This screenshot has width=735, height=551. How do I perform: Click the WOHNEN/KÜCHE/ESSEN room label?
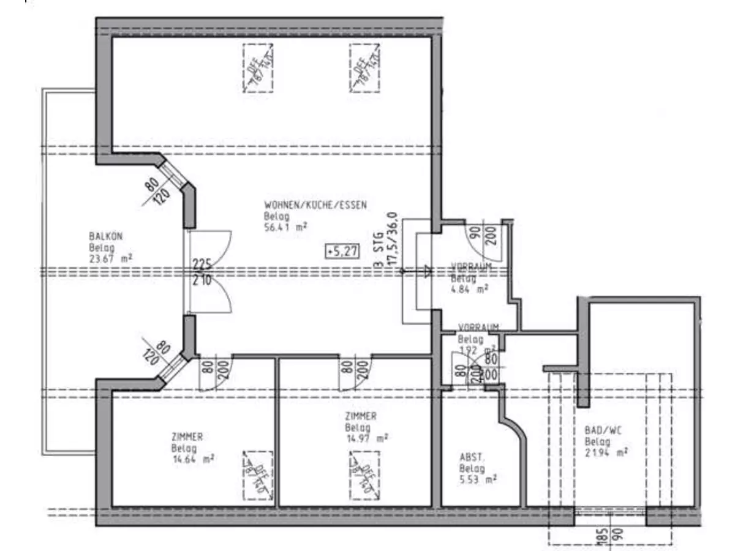point(315,205)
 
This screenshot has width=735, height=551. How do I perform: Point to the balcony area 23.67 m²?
point(111,258)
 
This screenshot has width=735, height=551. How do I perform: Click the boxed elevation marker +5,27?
point(342,250)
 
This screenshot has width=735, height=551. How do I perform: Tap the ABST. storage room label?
point(472,457)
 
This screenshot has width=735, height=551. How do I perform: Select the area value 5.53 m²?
point(478,479)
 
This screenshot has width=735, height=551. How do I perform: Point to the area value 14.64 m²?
point(193,459)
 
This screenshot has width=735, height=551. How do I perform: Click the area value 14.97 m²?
point(366,438)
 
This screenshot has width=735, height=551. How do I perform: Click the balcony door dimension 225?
point(202,264)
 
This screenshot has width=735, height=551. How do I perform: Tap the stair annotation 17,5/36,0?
point(393,241)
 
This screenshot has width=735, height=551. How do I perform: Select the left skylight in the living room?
point(257,68)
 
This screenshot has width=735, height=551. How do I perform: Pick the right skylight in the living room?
point(365,68)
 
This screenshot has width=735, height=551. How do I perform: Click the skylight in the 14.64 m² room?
point(257,475)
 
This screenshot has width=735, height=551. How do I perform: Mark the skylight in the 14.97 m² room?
point(364,474)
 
